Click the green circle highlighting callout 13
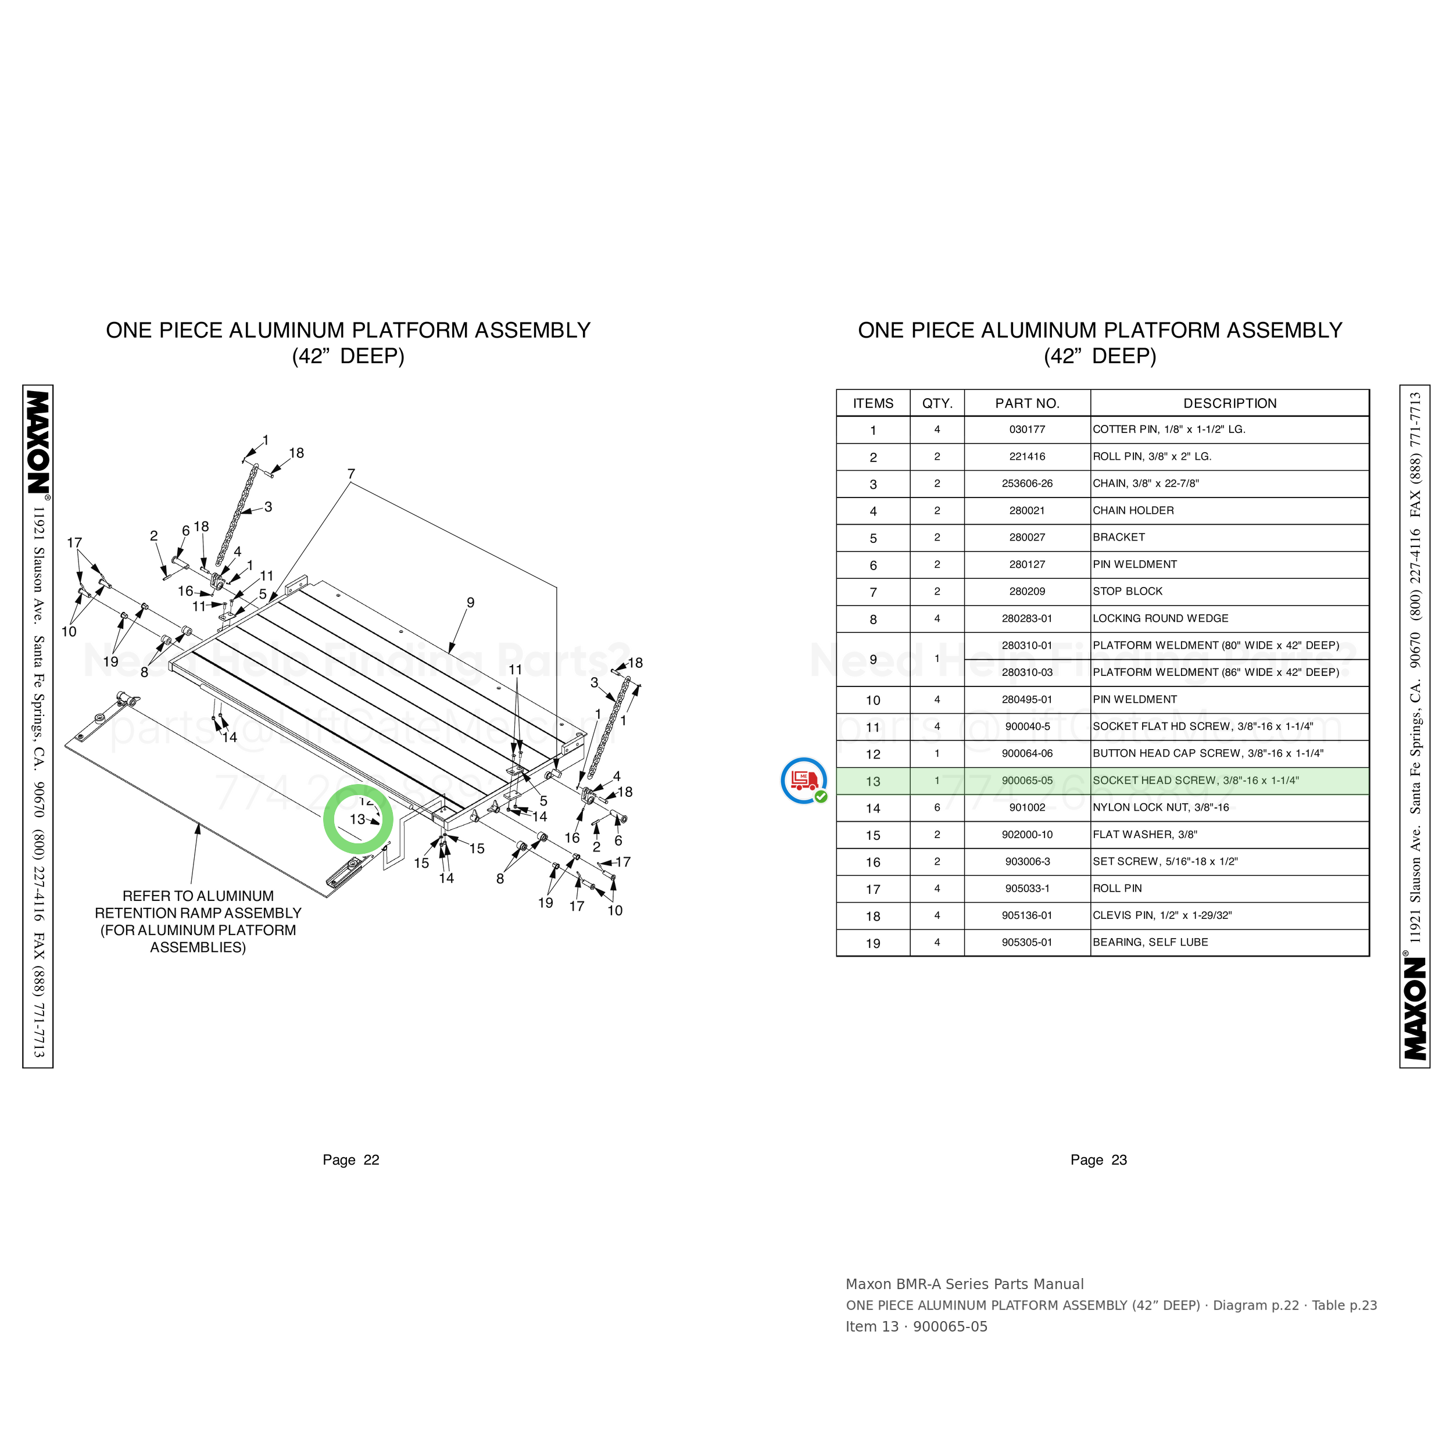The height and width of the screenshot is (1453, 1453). (324, 819)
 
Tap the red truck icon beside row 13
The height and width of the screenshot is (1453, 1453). (804, 780)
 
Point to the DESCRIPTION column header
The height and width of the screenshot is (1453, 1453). (1230, 403)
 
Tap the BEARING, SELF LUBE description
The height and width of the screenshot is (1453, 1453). (1150, 942)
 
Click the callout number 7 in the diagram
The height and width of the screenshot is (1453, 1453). (351, 474)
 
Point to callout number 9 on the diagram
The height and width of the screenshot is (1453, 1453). (470, 602)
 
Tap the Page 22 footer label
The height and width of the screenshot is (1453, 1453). (350, 1159)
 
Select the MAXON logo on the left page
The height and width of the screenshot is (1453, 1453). (38, 442)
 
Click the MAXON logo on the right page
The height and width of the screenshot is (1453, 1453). (1415, 1008)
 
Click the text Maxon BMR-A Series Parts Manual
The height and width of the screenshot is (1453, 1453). (964, 1284)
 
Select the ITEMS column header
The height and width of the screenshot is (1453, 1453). (873, 403)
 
